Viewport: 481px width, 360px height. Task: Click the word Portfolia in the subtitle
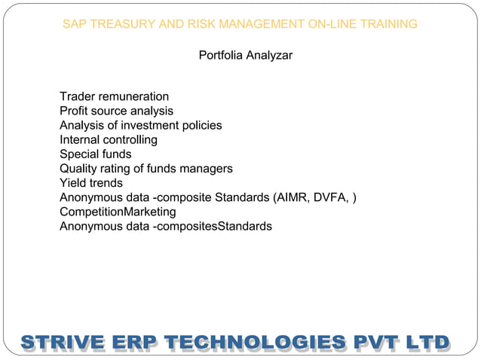click(222, 56)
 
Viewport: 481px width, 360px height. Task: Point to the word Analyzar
click(270, 56)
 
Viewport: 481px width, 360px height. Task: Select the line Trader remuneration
click(114, 96)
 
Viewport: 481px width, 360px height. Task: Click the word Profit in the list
click(75, 111)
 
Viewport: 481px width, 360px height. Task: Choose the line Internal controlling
click(109, 139)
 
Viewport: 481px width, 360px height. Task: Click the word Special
click(79, 154)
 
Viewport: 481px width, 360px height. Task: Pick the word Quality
click(79, 169)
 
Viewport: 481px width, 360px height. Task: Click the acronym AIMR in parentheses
click(292, 197)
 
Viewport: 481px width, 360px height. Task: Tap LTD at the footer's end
click(427, 342)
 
